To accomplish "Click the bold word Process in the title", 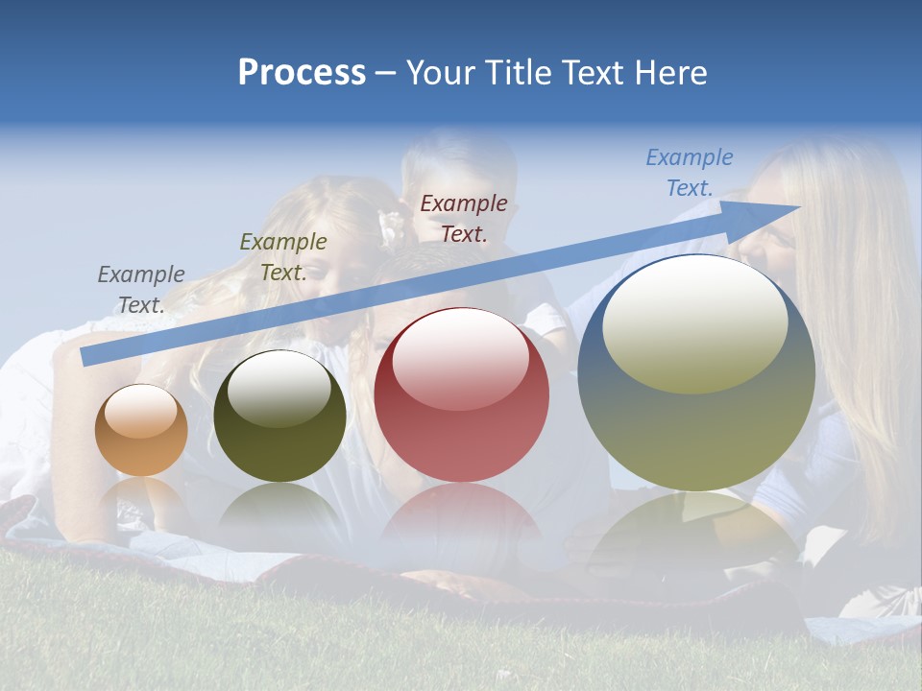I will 302,73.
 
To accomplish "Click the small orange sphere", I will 141,430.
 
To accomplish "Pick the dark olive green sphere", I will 279,417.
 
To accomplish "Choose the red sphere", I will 462,395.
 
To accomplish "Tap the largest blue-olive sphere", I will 696,372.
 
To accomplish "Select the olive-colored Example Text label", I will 283,257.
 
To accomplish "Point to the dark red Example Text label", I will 464,218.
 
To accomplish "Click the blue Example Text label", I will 689,173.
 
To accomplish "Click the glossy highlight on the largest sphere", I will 695,324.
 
